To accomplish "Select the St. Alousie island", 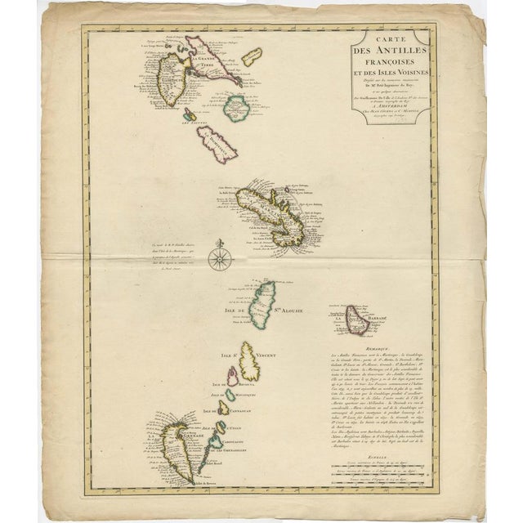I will [x=262, y=302].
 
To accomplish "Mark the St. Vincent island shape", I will [x=248, y=360].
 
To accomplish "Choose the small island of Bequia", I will [x=233, y=377].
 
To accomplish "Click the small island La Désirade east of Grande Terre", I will [x=252, y=56].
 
